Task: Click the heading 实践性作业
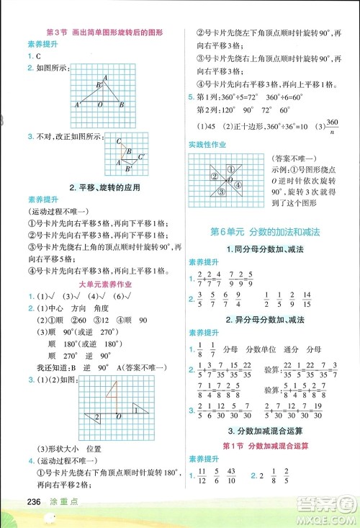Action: tap(207, 145)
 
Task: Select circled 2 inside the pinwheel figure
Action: tap(214, 177)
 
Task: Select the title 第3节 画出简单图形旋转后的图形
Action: tap(104, 32)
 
